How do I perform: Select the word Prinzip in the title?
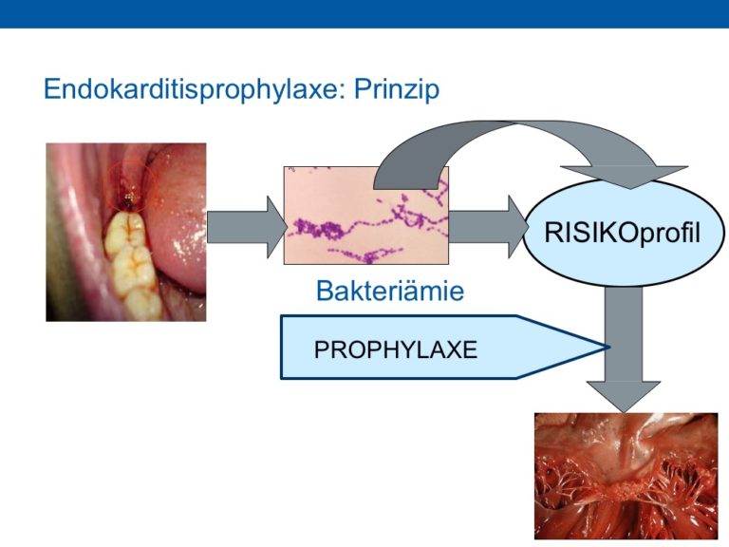(397, 88)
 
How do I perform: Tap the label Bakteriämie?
(390, 291)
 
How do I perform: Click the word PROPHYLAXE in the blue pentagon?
(396, 349)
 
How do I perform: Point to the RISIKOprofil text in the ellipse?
(622, 232)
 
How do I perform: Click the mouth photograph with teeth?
(126, 232)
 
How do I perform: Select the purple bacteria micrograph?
(366, 216)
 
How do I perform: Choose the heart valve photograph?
(626, 476)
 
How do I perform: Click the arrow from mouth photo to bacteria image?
(247, 227)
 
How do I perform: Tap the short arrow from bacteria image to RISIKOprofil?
(488, 227)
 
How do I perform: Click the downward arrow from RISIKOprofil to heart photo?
(624, 349)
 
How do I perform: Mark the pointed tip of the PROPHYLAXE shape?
(609, 347)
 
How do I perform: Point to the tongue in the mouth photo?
(179, 218)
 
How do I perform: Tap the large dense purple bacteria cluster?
(320, 229)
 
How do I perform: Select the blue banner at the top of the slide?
(364, 14)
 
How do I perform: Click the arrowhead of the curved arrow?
(626, 178)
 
